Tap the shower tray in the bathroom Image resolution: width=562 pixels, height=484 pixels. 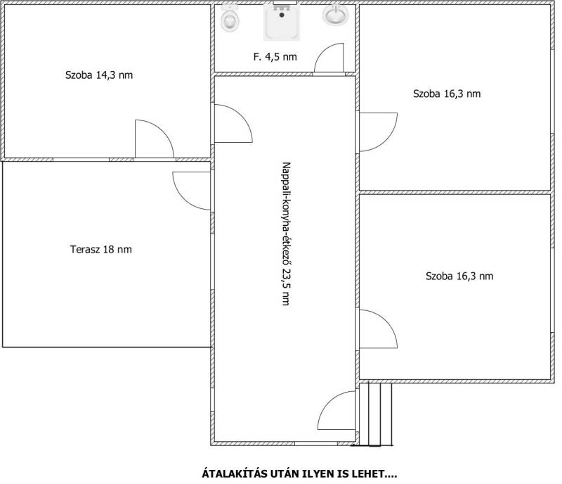pos(282,22)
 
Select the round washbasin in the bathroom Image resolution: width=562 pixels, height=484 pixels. pos(336,15)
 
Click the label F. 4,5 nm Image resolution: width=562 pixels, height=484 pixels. pos(275,57)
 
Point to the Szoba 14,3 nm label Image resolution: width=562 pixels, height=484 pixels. pos(99,75)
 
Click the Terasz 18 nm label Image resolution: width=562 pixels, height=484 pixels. pos(101,249)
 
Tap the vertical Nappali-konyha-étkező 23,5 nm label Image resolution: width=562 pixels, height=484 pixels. pos(286,234)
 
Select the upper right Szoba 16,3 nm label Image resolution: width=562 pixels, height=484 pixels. pos(447,94)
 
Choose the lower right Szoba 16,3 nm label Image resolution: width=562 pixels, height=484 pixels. pos(459,276)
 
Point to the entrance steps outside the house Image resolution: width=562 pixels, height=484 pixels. pos(375,414)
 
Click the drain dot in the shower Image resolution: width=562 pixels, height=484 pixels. pos(282,15)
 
